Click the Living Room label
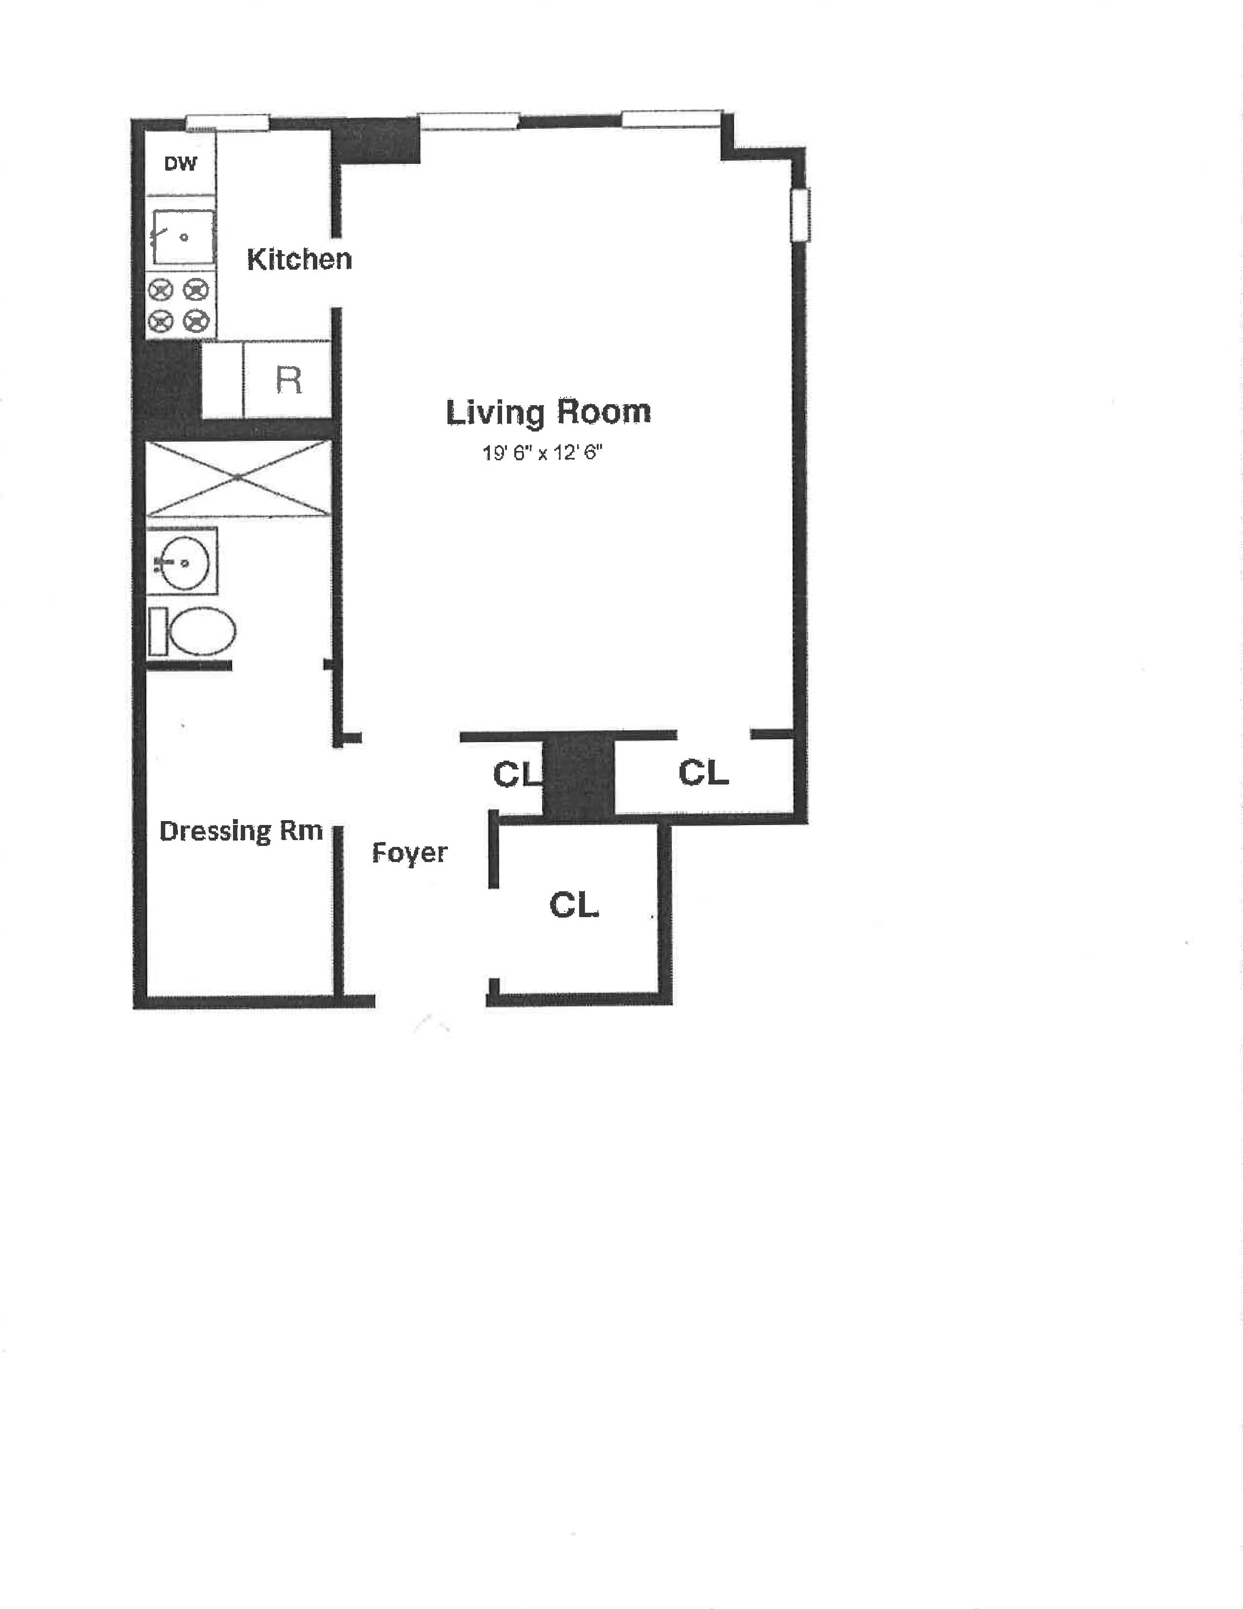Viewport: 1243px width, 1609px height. point(548,412)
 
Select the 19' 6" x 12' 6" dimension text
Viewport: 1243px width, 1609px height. point(542,452)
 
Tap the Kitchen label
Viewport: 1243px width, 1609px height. point(299,259)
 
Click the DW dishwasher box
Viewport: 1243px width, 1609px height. point(180,163)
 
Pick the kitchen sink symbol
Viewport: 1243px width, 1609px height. point(182,237)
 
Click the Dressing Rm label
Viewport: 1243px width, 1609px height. point(241,831)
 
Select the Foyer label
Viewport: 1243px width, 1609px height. point(409,853)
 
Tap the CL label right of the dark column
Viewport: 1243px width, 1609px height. point(703,773)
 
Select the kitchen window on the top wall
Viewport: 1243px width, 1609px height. point(227,122)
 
